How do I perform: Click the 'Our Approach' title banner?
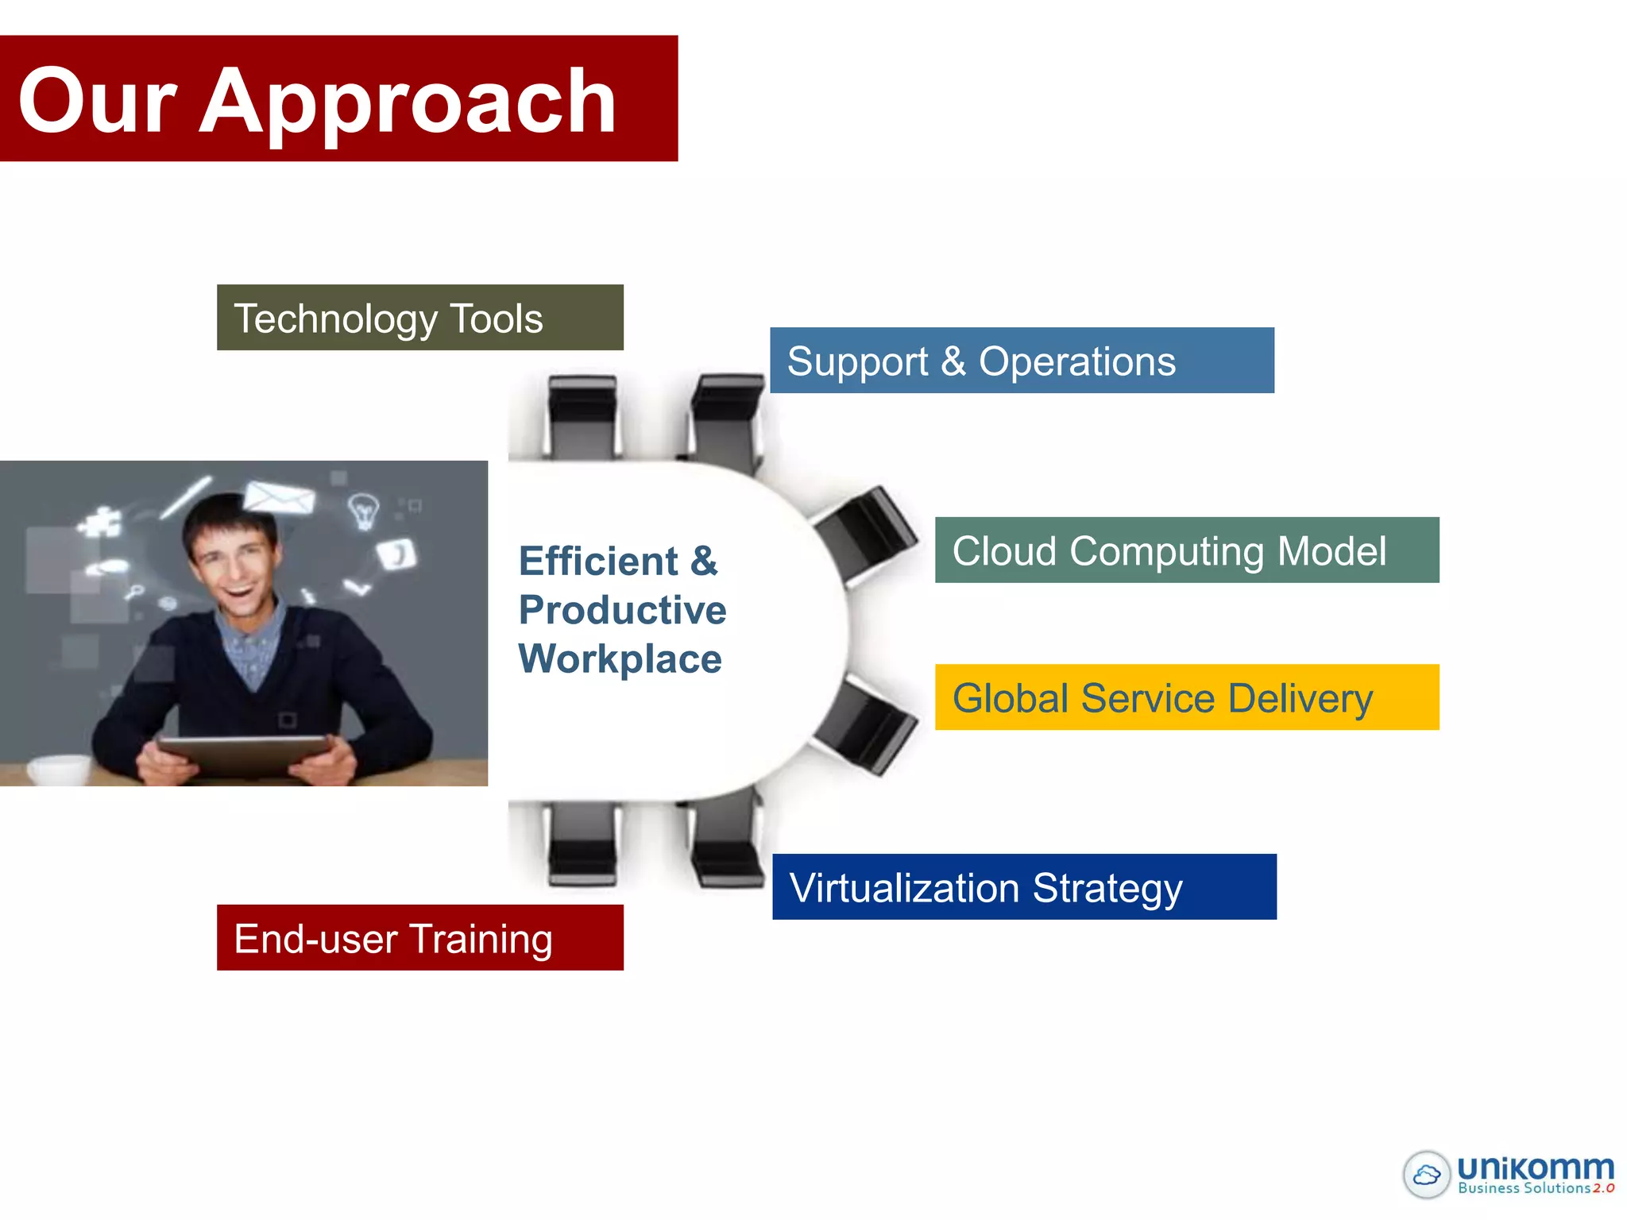338,98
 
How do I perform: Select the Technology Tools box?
419,318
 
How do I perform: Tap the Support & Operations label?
1021,361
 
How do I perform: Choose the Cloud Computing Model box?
1186,550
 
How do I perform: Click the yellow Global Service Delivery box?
1186,697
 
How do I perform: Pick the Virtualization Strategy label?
1023,887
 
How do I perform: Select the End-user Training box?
419,937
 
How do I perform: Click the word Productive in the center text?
622,610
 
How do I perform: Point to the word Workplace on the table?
620,659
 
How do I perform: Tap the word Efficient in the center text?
599,562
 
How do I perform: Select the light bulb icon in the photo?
364,510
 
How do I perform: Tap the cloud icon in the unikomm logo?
1427,1174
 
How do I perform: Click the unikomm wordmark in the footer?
1535,1168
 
